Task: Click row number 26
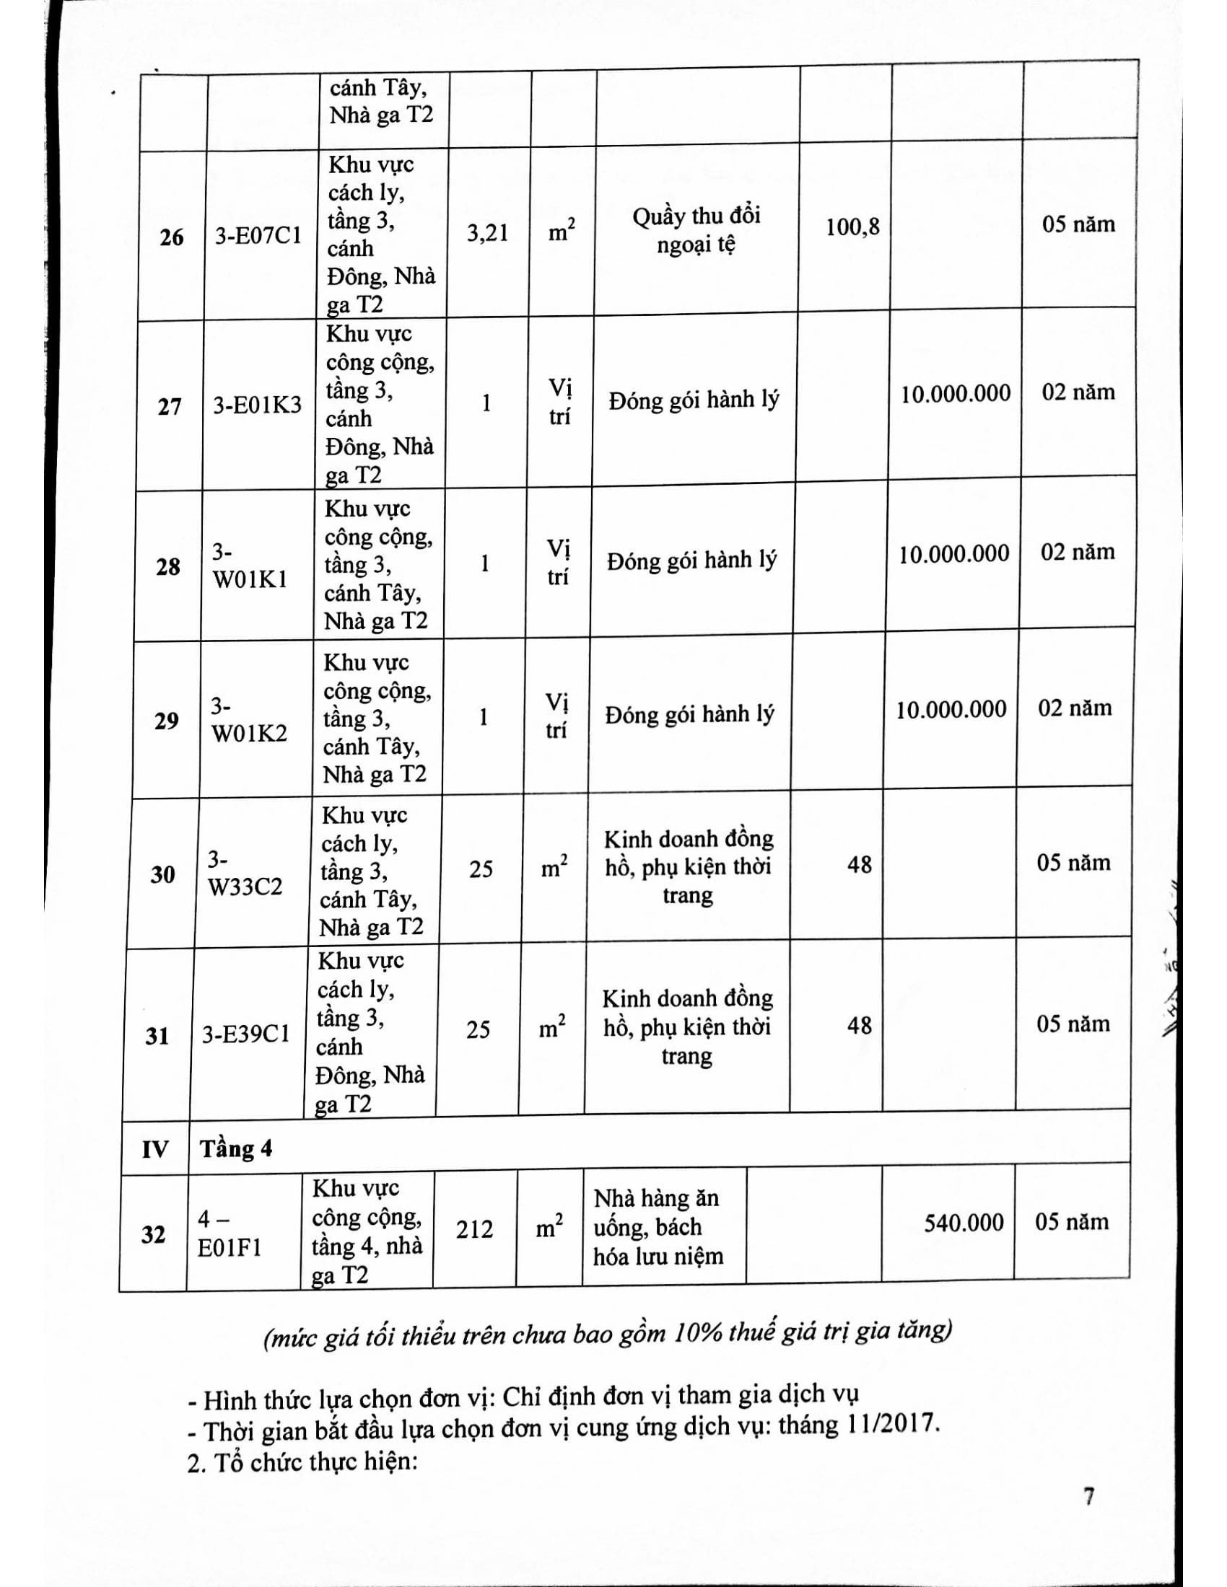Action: (172, 237)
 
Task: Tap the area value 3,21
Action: (487, 233)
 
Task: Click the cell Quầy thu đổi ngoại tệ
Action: (697, 229)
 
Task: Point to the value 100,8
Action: (852, 227)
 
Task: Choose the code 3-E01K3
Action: (257, 405)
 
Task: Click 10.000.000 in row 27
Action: (956, 394)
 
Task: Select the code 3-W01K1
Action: (249, 566)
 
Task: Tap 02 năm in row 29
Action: (1075, 708)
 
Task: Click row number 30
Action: (163, 874)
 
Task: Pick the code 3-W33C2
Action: (245, 874)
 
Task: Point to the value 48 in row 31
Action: (859, 1025)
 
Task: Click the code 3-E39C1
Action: (245, 1034)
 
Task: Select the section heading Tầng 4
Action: (236, 1149)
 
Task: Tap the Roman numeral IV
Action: (155, 1150)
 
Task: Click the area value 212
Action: (475, 1228)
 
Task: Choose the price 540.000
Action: (964, 1223)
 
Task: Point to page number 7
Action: (1089, 1496)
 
